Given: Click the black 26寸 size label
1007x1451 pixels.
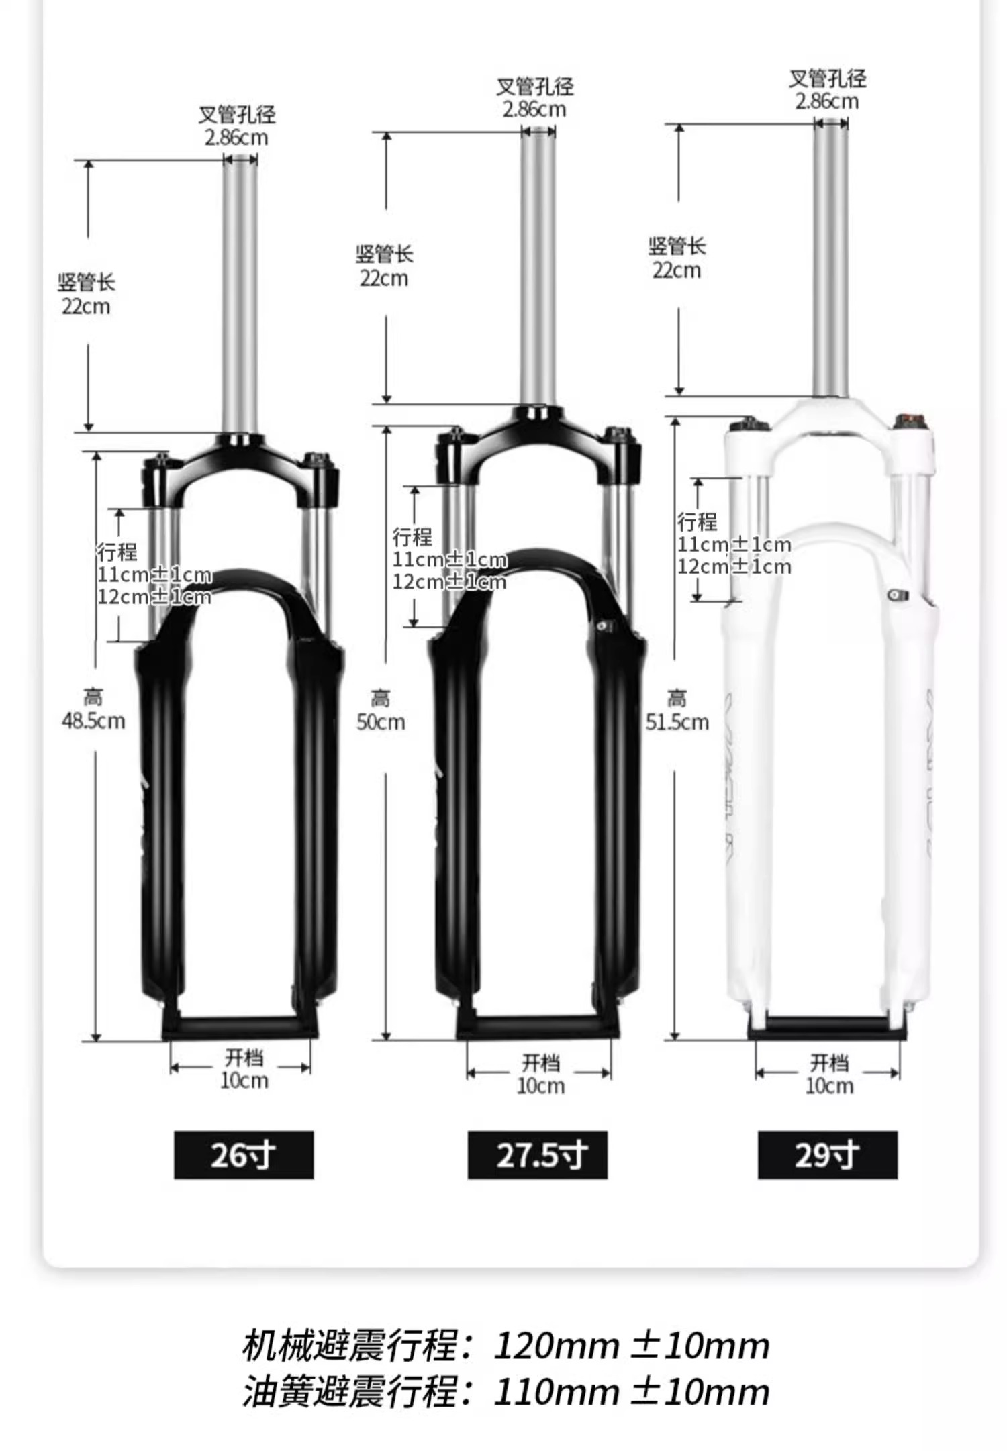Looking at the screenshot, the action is tap(244, 1154).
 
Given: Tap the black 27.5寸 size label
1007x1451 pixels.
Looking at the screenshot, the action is tap(538, 1154).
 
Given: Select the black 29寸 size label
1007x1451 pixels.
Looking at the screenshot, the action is tap(828, 1154).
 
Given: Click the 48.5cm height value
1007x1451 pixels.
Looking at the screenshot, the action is tap(93, 721).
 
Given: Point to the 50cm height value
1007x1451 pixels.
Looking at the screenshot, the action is tap(381, 722).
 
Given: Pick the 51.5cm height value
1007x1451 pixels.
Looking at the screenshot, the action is tap(677, 722).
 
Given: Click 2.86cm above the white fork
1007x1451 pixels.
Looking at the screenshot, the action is tap(827, 101).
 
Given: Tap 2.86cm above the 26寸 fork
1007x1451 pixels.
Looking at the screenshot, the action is tap(236, 138).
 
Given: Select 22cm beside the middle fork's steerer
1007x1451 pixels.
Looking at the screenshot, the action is tap(384, 279).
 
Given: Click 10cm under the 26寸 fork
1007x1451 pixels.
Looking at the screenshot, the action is tap(244, 1081).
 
